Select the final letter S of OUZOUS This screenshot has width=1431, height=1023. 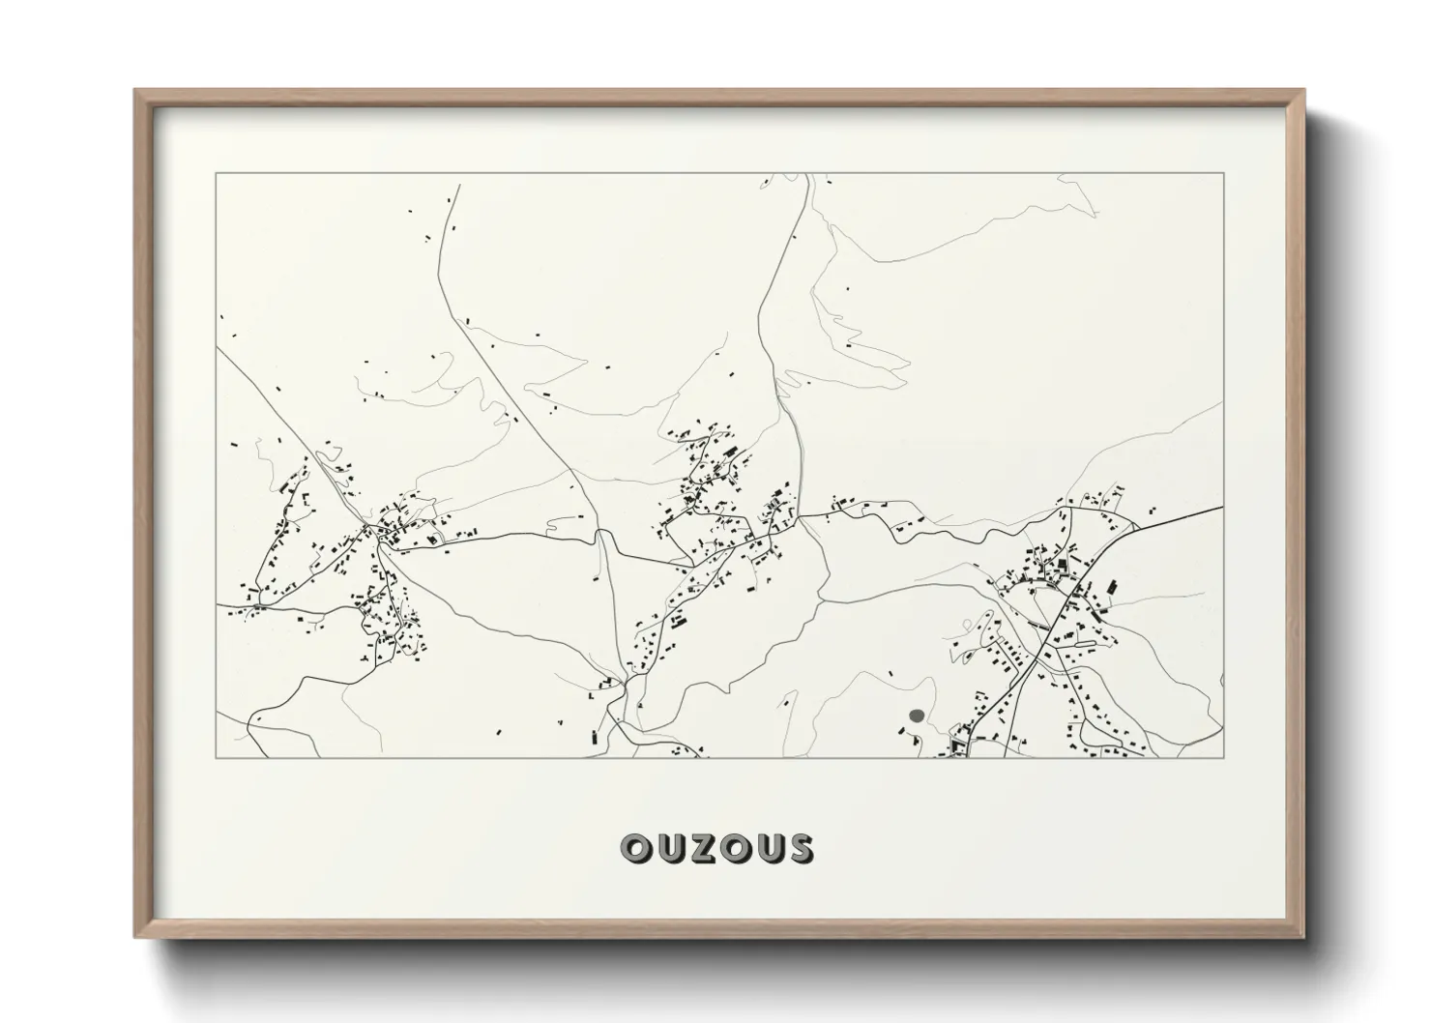click(x=800, y=848)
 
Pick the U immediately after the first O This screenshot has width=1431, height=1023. click(x=670, y=848)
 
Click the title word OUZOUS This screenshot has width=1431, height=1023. click(x=716, y=848)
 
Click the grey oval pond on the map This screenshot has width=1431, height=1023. click(x=917, y=716)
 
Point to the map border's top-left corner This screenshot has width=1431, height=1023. click(x=217, y=174)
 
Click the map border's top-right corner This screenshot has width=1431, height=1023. click(x=1223, y=174)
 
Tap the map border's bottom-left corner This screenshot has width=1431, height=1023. click(x=217, y=757)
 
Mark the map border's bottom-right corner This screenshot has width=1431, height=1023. click(x=1223, y=757)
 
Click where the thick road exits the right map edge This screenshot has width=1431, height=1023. click(x=1222, y=506)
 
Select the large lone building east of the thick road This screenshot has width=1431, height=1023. click(x=1110, y=587)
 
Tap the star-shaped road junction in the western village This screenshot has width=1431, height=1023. click(x=370, y=528)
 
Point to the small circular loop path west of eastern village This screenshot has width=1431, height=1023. click(x=965, y=658)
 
